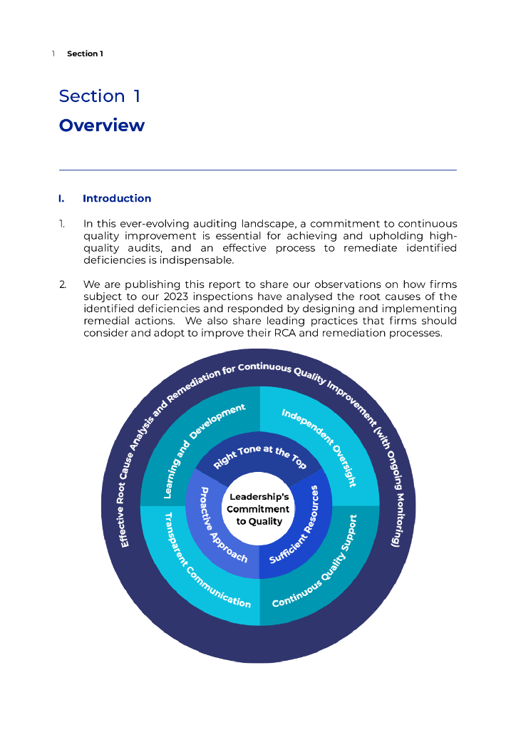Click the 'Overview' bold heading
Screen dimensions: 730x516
click(101, 125)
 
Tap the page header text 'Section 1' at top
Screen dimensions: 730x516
click(85, 53)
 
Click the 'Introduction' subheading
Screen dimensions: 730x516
click(117, 198)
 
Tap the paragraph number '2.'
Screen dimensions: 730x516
click(63, 285)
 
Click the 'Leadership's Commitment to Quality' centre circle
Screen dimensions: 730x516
click(258, 509)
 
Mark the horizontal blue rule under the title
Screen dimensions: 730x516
click(257, 170)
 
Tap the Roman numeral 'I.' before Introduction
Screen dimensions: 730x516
click(62, 198)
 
